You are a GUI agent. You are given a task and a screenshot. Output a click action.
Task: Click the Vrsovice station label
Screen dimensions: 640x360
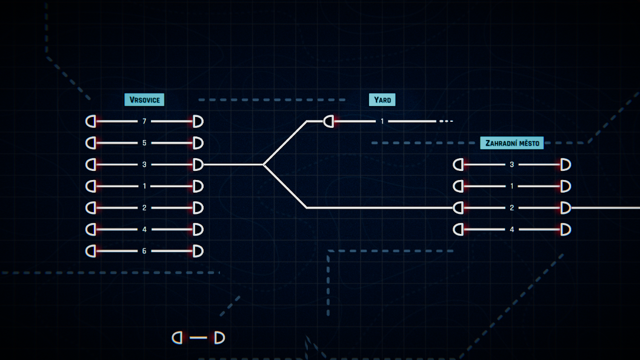coord(144,100)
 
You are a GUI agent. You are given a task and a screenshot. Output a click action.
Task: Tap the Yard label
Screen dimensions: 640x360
coord(382,100)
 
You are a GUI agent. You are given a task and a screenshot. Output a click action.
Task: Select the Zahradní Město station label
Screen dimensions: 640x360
coord(512,143)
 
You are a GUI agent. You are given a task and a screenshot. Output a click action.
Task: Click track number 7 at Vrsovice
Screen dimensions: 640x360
coord(144,121)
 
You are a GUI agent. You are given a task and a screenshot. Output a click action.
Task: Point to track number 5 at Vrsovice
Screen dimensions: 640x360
coord(144,143)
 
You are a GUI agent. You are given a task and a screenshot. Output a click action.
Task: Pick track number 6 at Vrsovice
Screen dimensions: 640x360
coord(144,251)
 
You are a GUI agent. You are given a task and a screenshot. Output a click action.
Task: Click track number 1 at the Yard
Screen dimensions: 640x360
coord(382,121)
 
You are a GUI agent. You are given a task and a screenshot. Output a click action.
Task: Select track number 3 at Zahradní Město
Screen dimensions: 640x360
coord(512,164)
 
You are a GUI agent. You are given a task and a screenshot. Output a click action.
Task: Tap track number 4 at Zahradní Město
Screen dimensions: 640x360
coord(512,229)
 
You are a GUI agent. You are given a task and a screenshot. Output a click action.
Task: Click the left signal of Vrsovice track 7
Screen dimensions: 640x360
coord(91,121)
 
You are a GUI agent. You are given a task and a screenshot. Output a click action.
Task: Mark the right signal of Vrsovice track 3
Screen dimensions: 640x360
coord(198,164)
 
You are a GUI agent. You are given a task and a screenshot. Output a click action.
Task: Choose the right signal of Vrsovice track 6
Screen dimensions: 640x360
coord(198,251)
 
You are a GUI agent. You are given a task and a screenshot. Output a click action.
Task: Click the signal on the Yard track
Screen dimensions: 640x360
coord(328,121)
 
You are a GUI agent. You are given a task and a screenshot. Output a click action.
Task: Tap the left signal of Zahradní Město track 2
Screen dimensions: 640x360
coord(458,208)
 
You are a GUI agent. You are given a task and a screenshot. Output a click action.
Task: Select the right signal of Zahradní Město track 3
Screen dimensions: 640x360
coord(565,164)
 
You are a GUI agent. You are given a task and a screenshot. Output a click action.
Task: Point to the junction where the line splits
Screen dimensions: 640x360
coord(264,164)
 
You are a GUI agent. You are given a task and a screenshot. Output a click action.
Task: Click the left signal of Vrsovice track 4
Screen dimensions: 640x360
coord(91,229)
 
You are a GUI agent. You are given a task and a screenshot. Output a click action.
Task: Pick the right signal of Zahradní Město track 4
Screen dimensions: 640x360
coord(565,229)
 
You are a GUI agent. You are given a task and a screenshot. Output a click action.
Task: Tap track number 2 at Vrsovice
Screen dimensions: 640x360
coord(144,208)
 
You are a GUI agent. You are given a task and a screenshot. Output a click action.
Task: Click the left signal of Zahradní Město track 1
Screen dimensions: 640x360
coord(458,186)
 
